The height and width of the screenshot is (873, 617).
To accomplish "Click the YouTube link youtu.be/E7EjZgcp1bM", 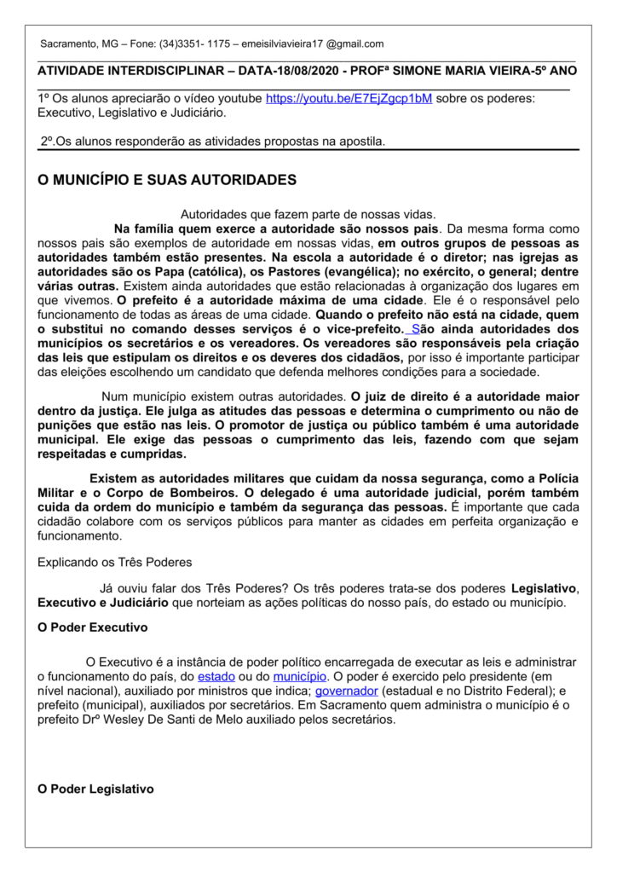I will pyautogui.click(x=349, y=99).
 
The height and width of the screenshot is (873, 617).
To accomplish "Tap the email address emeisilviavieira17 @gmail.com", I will pyautogui.click(x=313, y=43).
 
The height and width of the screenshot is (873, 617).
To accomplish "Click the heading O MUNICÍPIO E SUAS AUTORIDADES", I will pyautogui.click(x=167, y=180).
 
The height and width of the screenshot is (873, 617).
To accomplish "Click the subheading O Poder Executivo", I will pyautogui.click(x=93, y=627).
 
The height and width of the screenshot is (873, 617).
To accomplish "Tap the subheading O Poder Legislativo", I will pyautogui.click(x=96, y=789).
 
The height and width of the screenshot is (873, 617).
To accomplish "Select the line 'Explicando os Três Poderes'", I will pyautogui.click(x=115, y=562).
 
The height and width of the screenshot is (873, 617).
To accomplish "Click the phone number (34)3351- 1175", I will pyautogui.click(x=195, y=43).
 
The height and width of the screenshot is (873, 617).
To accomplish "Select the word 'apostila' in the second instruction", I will pyautogui.click(x=358, y=141).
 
